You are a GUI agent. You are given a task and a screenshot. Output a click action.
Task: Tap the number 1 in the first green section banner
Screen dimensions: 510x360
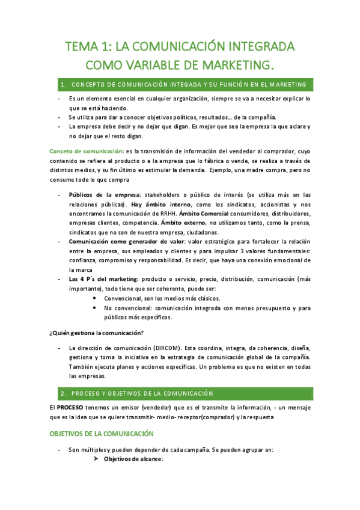click(63, 84)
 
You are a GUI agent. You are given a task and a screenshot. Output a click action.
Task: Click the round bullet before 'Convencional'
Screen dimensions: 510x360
click(96, 298)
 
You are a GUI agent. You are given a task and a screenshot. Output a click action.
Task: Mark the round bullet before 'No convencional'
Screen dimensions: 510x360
click(96, 308)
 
